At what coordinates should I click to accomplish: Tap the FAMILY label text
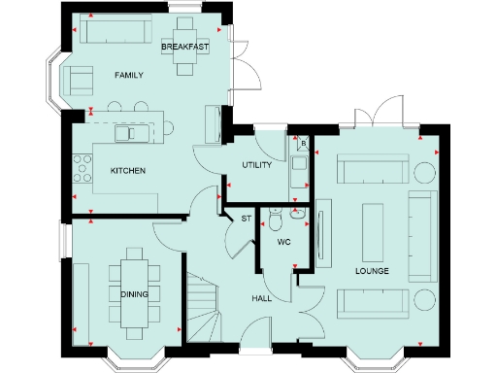click(x=129, y=75)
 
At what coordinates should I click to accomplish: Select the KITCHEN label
click(x=128, y=171)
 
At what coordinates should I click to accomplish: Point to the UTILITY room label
click(x=257, y=166)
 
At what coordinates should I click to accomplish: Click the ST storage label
click(x=246, y=219)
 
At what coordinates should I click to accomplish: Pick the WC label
click(x=284, y=241)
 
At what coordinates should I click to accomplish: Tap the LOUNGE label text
click(x=372, y=271)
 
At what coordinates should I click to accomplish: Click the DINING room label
click(x=134, y=293)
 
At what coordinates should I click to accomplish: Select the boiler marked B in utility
click(x=304, y=145)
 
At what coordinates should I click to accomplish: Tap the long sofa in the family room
click(x=112, y=31)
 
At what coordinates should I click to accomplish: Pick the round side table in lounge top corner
click(x=424, y=173)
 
